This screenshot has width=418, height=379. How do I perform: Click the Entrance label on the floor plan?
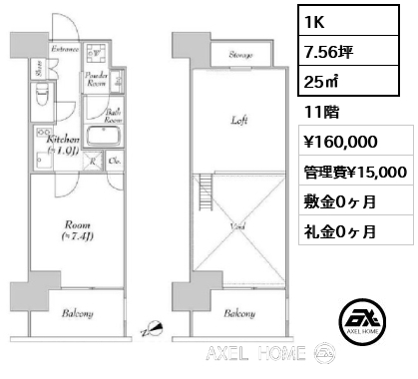click(66, 48)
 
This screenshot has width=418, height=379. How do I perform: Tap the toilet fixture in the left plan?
click(41, 97)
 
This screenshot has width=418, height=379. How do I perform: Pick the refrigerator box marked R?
click(94, 162)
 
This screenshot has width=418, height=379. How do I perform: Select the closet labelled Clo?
click(115, 162)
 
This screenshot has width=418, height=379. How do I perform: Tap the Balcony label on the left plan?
click(76, 313)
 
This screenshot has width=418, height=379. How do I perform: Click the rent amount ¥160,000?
click(335, 143)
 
